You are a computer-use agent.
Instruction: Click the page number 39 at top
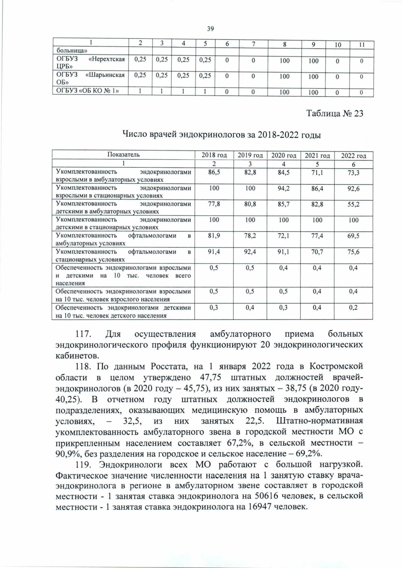210,29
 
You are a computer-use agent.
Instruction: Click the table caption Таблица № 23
335,113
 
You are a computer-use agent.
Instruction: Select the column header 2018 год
214,155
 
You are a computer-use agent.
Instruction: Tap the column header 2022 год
353,156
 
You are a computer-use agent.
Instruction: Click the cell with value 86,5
214,172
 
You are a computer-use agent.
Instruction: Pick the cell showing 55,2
353,204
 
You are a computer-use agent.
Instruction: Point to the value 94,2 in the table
283,188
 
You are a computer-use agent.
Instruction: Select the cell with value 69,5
353,236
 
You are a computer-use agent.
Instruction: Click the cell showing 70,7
317,252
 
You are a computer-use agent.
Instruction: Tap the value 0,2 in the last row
353,308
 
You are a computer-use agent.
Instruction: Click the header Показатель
123,155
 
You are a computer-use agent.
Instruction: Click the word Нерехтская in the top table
106,59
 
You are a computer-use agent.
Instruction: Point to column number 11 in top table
361,45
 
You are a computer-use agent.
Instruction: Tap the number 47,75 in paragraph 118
210,378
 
